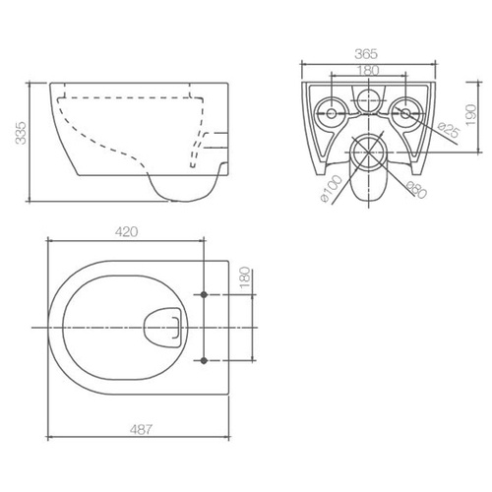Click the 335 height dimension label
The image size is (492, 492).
(x=21, y=133)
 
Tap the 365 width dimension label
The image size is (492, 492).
(x=366, y=54)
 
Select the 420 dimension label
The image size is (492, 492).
(x=126, y=232)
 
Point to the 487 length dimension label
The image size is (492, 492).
(x=141, y=429)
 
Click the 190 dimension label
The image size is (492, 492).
(x=471, y=115)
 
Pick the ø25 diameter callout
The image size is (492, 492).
(x=449, y=130)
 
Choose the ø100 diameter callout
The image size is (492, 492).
(x=331, y=189)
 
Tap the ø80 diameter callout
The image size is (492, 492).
(x=416, y=190)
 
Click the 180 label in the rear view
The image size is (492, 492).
(x=368, y=70)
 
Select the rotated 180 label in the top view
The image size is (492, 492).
(x=245, y=278)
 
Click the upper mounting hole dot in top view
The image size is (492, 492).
(x=204, y=294)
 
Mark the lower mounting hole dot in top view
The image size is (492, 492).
(x=204, y=360)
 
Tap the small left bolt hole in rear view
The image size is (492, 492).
(x=332, y=114)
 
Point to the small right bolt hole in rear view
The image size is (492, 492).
(x=405, y=114)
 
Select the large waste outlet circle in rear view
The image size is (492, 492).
(x=369, y=153)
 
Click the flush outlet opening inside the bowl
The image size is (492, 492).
(x=162, y=328)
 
